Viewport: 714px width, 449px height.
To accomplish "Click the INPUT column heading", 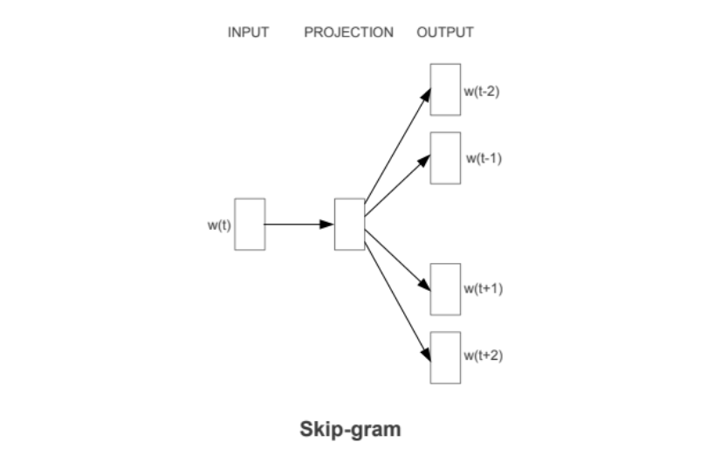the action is [x=248, y=32].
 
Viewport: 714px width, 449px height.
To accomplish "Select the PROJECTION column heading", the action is [x=349, y=32].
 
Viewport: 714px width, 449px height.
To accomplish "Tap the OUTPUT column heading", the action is [x=445, y=32].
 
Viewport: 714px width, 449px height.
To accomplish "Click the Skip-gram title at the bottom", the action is [x=350, y=430].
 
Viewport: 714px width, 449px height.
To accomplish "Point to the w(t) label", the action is [x=219, y=225].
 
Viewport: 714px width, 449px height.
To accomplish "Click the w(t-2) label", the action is [x=482, y=91].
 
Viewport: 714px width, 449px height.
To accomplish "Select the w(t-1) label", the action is [x=484, y=158].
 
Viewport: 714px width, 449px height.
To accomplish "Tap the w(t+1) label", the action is [x=484, y=288].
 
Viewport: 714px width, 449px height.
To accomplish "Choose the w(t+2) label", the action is [x=484, y=356].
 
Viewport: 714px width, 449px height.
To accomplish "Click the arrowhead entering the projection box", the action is [x=327, y=224].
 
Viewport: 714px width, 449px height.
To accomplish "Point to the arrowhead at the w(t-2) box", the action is [x=426, y=95].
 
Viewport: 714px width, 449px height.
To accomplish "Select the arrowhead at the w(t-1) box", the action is [x=424, y=161].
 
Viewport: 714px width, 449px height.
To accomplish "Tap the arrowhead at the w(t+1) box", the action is [x=424, y=285].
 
